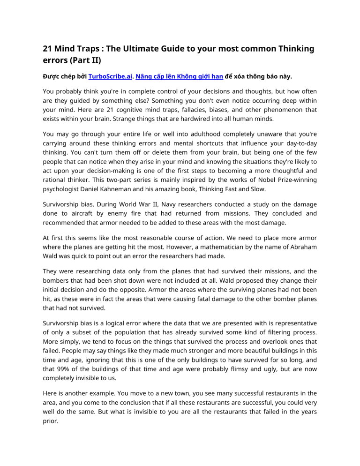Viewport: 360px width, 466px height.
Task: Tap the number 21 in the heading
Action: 47,49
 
